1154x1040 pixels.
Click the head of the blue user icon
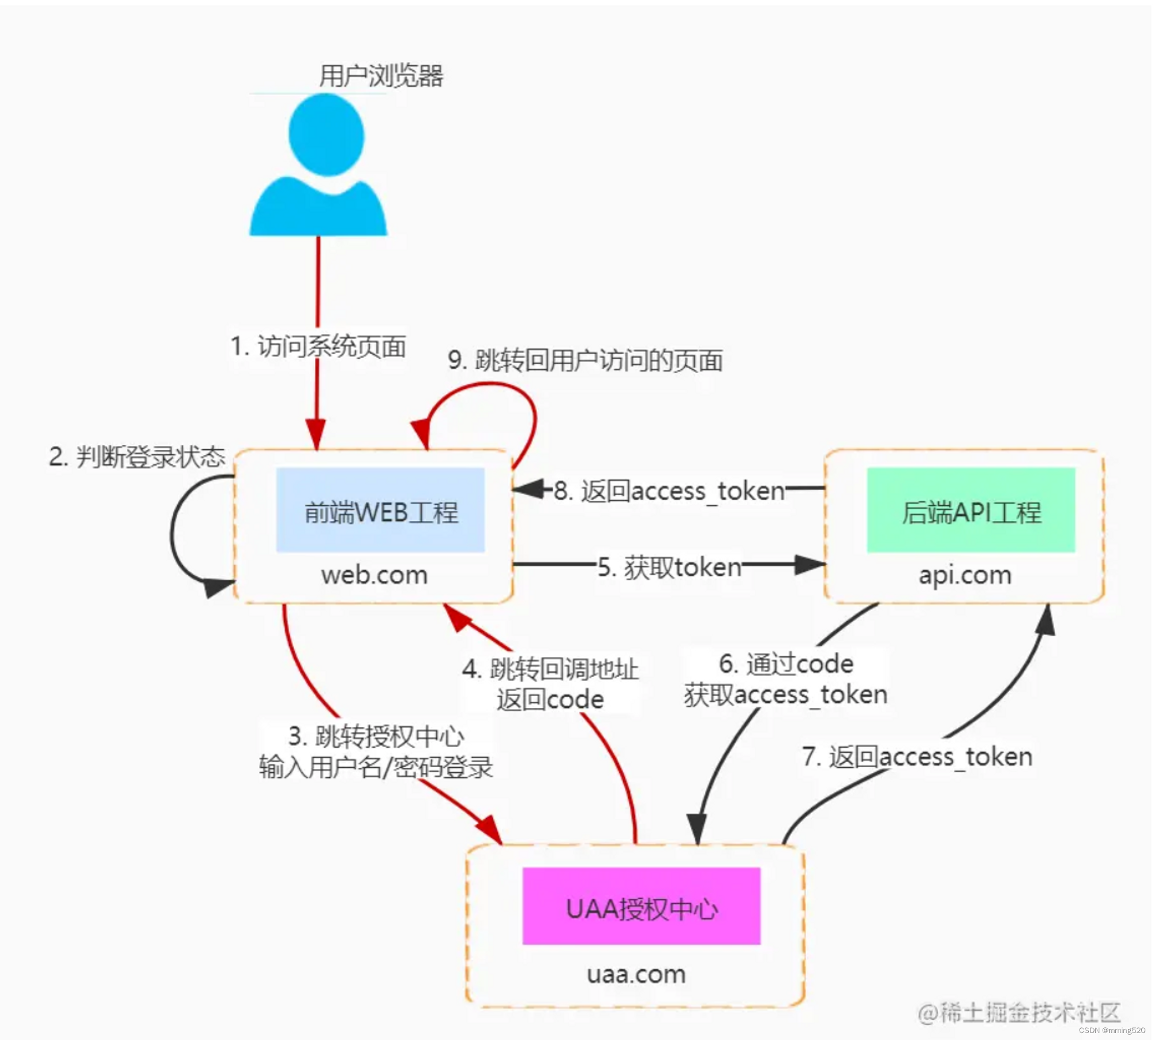(x=327, y=134)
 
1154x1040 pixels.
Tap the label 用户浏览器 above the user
(x=381, y=76)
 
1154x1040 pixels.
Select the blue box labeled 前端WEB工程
(x=380, y=511)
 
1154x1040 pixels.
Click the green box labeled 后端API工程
(x=971, y=511)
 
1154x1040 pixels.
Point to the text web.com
(x=374, y=575)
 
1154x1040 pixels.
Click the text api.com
(x=965, y=575)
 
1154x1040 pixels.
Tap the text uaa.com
(x=636, y=974)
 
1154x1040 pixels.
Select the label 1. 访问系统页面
(x=318, y=346)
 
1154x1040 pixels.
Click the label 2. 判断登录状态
(x=137, y=457)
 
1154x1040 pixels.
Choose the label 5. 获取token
(x=669, y=568)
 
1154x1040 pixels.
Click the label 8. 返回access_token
(x=669, y=491)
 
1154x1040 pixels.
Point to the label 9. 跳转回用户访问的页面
(x=585, y=361)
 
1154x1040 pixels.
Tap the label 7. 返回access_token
(x=917, y=757)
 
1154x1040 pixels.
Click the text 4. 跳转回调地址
(x=550, y=669)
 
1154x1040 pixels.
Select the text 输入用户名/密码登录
(x=376, y=767)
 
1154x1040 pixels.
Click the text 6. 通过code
(x=786, y=664)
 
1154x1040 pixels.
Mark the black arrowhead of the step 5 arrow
(x=810, y=565)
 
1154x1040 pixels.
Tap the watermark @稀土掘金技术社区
(x=1019, y=1012)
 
